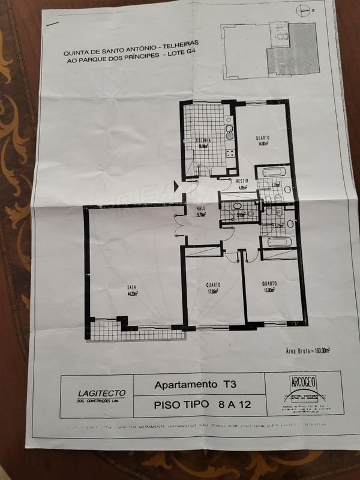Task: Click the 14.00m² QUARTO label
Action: [x=263, y=140]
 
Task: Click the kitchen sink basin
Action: [x=229, y=131]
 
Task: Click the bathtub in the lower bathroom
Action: [x=278, y=242]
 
